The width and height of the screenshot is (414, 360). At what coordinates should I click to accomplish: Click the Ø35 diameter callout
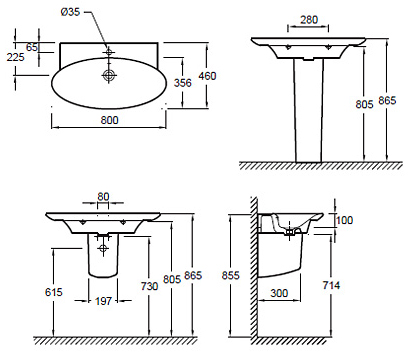click(x=70, y=12)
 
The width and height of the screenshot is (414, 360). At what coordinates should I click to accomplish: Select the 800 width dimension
click(x=109, y=120)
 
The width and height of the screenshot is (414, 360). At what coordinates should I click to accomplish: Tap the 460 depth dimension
click(x=207, y=76)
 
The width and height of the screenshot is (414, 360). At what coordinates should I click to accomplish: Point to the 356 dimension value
click(x=183, y=83)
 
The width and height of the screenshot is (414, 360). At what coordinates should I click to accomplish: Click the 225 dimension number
click(x=16, y=57)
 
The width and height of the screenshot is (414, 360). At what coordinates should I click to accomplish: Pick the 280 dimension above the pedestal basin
click(x=309, y=20)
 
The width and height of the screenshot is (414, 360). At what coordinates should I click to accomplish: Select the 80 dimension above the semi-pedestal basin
click(x=103, y=197)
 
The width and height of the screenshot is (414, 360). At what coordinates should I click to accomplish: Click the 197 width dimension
click(x=103, y=301)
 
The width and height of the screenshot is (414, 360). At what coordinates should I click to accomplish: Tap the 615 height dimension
click(x=54, y=292)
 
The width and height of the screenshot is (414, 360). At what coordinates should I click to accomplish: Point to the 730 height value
click(x=149, y=286)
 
